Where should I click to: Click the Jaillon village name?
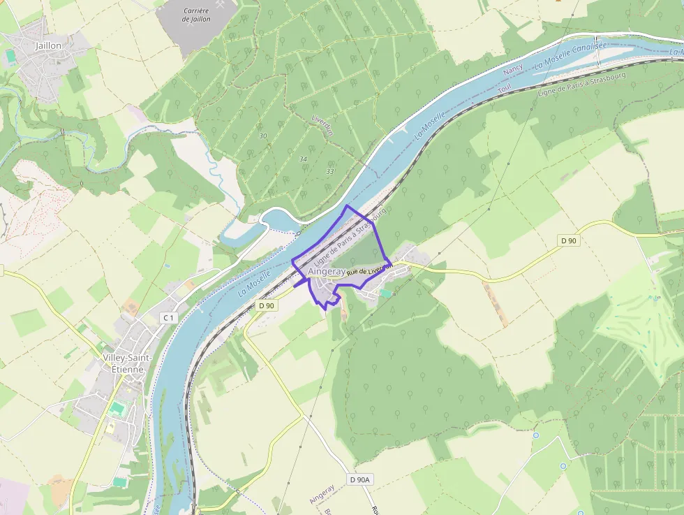pos(48,45)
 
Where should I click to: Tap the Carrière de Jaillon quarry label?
pos(195,15)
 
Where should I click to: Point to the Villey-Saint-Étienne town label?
pos(123,363)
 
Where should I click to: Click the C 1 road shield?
pos(168,318)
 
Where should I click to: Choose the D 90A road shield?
pos(359,479)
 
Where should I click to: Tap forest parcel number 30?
pos(262,135)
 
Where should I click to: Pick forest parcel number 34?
pos(303,159)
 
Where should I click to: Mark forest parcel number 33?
pos(329,171)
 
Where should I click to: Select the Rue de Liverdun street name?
pos(370,269)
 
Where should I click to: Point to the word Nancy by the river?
pos(512,71)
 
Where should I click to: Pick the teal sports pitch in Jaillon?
pos(10,54)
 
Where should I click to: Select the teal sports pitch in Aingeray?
pos(386,293)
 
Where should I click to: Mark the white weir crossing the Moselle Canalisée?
pos(597,41)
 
